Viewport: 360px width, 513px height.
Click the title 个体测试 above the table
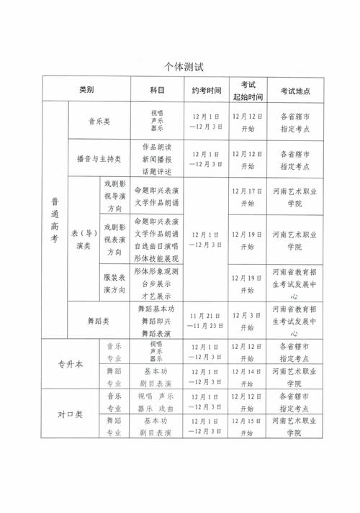[180, 68]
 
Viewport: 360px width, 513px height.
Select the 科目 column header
[158, 91]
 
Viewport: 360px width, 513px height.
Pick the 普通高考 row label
[55, 219]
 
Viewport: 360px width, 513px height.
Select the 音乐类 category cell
[99, 122]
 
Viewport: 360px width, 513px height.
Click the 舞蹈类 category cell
[99, 321]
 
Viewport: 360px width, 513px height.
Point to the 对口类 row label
[70, 415]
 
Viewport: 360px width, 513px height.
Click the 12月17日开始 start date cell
[247, 196]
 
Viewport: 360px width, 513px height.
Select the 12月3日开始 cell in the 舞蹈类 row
[247, 321]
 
